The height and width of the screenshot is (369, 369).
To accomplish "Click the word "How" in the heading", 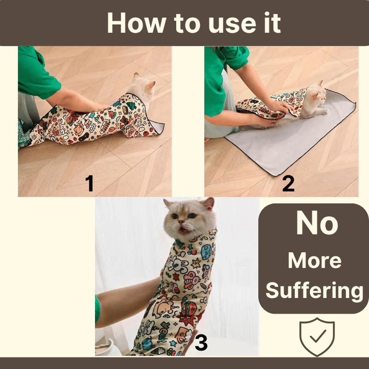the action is point(137,23).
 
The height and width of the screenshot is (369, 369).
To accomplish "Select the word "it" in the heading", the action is point(273,23).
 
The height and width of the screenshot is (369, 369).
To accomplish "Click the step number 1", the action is point(89,184).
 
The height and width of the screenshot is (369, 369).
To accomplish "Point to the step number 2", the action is point(288,184).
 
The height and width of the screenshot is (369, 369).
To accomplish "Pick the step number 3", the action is point(201,343).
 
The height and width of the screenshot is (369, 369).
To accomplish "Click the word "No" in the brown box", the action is point(317,223).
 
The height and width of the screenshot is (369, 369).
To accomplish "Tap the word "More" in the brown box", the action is point(315,261).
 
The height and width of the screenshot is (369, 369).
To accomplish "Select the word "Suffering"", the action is point(315,291).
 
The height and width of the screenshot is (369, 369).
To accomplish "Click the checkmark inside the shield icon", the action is point(318,336).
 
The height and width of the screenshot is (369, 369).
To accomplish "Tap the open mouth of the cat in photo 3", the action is point(184,230).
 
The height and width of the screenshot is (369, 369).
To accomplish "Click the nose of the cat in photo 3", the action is point(181,221).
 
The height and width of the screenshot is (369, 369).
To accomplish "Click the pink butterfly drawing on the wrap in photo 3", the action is point(191,280).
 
